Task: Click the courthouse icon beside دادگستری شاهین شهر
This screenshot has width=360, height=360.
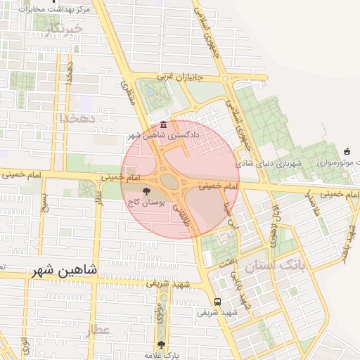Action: [163, 125]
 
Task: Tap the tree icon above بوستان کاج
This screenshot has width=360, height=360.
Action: [146, 191]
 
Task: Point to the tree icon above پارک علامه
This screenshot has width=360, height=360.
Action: [161, 345]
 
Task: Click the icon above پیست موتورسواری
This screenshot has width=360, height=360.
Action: [347, 151]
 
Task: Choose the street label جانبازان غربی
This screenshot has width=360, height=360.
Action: [179, 76]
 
